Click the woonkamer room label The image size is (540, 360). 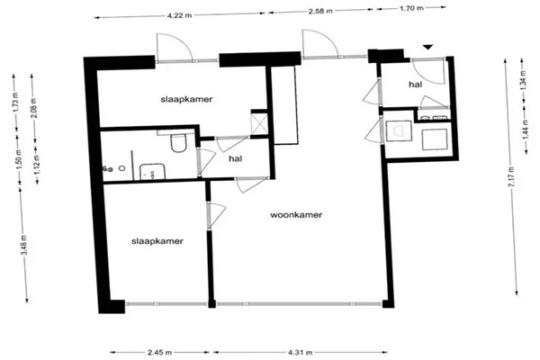pos(296,215)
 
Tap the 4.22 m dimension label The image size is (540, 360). pos(179,15)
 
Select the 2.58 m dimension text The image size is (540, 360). pos(320,11)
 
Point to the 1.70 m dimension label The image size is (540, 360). pos(411,8)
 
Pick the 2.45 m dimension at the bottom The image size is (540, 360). pos(159,353)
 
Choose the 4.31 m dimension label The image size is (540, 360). pos(300,353)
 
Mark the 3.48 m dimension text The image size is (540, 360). pos(23,246)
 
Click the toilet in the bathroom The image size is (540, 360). pos(178,142)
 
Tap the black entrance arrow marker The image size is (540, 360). pos(427,47)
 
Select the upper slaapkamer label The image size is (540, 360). pos(186,100)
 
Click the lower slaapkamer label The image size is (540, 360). pos(157,241)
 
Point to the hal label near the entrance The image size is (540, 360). pos(415,84)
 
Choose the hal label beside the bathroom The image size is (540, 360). pos(235,158)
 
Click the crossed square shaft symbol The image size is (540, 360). pos(259,123)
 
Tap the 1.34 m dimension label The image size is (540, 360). pos(524,79)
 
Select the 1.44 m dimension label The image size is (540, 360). pos(526,130)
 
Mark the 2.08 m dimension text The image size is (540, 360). pos(34,108)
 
